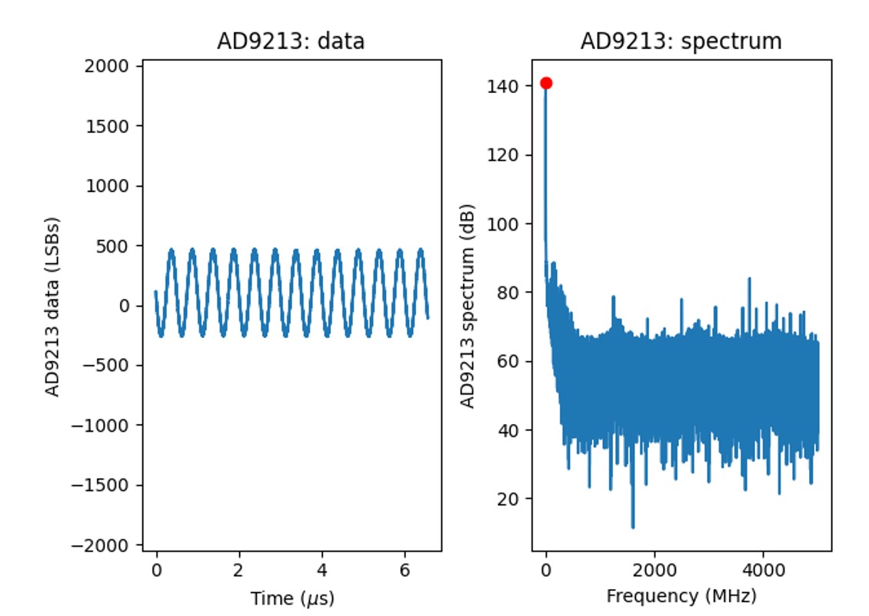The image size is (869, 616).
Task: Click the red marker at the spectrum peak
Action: (546, 83)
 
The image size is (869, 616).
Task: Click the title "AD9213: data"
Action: (291, 41)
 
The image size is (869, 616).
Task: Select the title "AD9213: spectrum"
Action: (681, 41)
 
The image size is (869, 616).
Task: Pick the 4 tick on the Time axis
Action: (322, 570)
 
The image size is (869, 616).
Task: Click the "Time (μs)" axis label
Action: (292, 598)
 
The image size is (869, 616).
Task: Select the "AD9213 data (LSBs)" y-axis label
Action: (53, 306)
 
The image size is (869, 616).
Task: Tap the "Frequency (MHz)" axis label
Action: (681, 596)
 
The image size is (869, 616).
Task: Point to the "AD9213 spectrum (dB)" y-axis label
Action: (467, 306)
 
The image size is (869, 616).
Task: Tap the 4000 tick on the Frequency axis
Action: (762, 570)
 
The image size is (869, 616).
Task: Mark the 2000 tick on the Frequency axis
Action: (654, 570)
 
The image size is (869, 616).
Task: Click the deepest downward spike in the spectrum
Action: (633, 527)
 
